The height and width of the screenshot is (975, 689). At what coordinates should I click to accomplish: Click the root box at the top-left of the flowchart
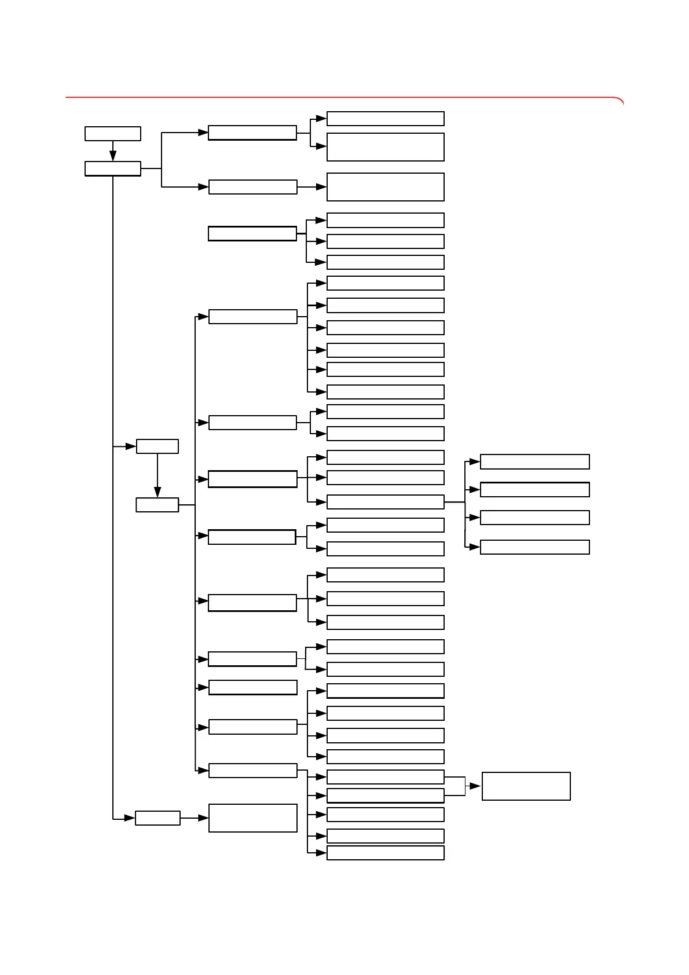pyautogui.click(x=113, y=134)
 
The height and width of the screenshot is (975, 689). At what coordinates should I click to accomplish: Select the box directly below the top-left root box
pyautogui.click(x=113, y=168)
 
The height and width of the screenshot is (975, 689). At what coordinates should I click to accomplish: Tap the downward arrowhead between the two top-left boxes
pyautogui.click(x=113, y=156)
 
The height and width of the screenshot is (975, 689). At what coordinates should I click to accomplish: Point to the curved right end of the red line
pyautogui.click(x=620, y=101)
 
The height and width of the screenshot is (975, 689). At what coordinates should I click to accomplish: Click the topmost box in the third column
pyautogui.click(x=385, y=119)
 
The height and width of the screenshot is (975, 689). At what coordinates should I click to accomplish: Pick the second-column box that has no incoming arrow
pyautogui.click(x=252, y=234)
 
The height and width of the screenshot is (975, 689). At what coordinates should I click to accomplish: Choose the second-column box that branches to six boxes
pyautogui.click(x=252, y=317)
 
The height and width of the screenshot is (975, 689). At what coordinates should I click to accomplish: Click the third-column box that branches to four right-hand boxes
pyautogui.click(x=385, y=502)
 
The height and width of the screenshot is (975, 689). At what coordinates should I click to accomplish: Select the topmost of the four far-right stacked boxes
pyautogui.click(x=535, y=461)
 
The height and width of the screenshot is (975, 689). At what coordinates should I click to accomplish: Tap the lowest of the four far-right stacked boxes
pyautogui.click(x=535, y=547)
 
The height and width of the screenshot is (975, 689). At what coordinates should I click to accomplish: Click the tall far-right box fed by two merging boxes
pyautogui.click(x=526, y=786)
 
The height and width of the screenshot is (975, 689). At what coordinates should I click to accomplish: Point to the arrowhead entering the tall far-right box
pyautogui.click(x=475, y=786)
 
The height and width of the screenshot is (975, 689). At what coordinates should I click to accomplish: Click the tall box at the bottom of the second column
pyautogui.click(x=252, y=818)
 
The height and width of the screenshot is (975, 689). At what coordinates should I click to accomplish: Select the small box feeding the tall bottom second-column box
pyautogui.click(x=157, y=818)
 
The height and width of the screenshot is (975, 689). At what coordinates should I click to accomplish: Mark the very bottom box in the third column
pyautogui.click(x=385, y=853)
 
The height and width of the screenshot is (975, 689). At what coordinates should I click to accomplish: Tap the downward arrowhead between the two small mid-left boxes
pyautogui.click(x=157, y=492)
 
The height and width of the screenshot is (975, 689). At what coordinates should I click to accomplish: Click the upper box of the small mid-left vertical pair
pyautogui.click(x=157, y=446)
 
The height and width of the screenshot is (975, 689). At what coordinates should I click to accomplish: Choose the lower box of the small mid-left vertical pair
pyautogui.click(x=157, y=505)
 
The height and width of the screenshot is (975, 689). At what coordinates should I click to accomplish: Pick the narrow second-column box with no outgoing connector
pyautogui.click(x=252, y=687)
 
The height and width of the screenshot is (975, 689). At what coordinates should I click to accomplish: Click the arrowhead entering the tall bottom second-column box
pyautogui.click(x=203, y=818)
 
